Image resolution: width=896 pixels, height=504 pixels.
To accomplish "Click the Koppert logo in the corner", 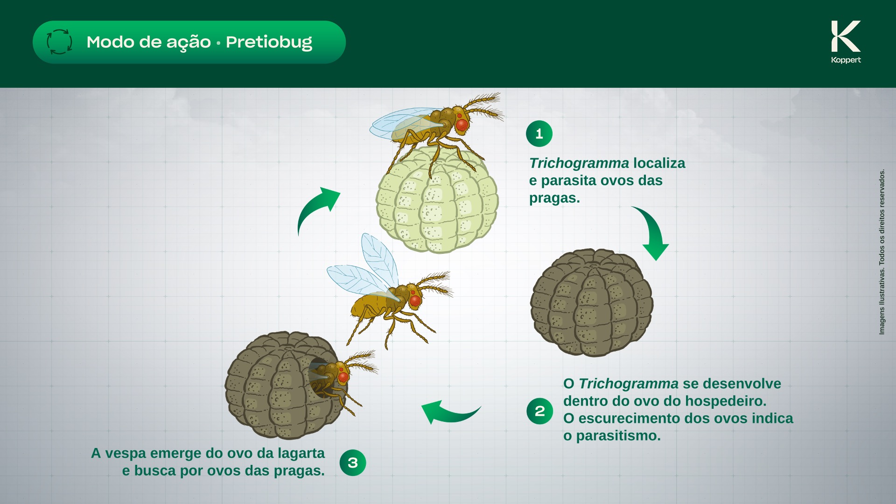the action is point(846,42).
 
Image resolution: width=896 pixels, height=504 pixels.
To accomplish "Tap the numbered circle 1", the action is point(539,134).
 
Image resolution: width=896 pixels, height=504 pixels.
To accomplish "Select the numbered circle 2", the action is point(539,411).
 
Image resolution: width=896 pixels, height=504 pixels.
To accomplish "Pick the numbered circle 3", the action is point(353,462).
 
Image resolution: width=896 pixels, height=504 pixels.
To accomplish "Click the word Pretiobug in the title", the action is point(269,42).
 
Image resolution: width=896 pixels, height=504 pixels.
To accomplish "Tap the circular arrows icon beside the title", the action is point(59,42).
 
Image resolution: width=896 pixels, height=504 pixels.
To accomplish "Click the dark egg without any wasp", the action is point(592,302).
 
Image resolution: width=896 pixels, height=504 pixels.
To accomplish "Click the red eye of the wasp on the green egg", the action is point(462,125).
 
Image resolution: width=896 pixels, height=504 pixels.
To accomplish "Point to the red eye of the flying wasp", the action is point(415,301).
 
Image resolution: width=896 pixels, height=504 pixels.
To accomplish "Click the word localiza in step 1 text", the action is point(659,163).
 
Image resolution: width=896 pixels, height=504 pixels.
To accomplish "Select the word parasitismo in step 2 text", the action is point(618,436).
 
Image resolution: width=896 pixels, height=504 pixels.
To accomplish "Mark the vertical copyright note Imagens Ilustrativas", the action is point(882,252).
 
